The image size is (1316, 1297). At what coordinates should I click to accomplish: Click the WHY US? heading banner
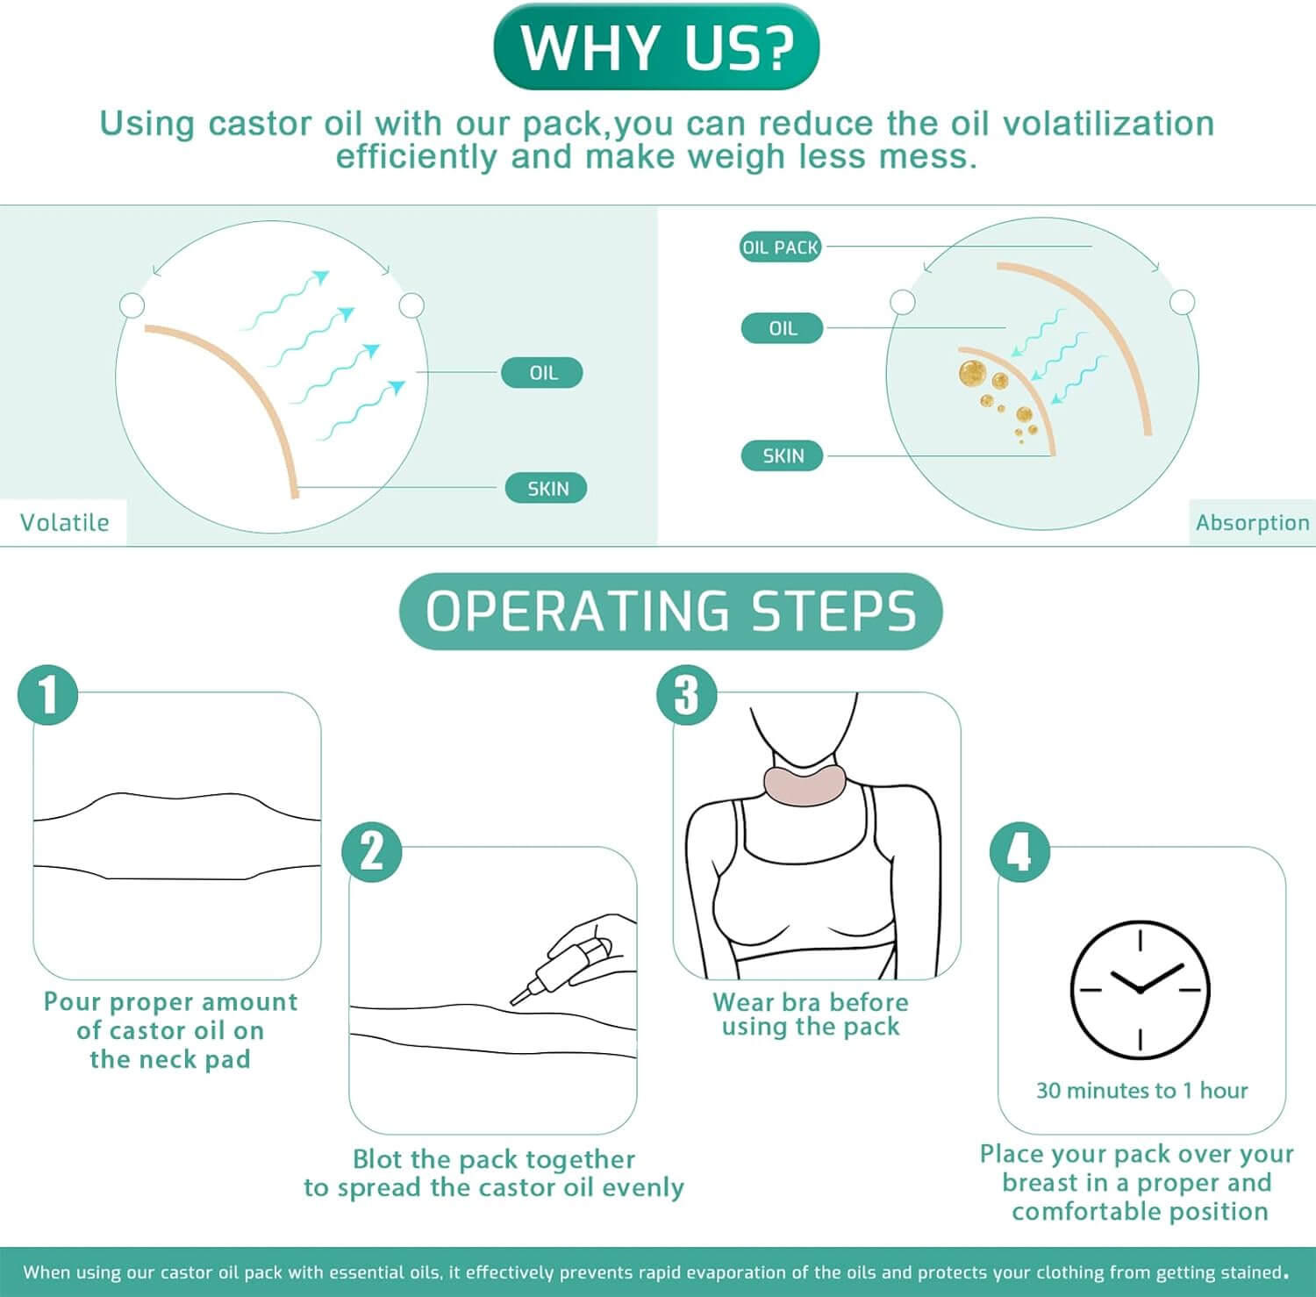click(x=656, y=47)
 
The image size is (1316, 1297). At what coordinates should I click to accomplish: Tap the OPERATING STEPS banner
click(x=670, y=611)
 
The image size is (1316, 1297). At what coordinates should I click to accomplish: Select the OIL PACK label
click(x=780, y=247)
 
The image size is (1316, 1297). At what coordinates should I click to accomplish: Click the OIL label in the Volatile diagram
click(x=542, y=373)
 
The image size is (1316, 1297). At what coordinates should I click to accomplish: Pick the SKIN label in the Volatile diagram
click(x=547, y=489)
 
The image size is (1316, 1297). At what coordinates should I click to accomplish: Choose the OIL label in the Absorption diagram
click(x=783, y=328)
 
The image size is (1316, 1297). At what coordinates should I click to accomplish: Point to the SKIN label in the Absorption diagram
click(x=783, y=456)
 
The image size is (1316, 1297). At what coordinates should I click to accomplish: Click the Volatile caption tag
click(x=64, y=523)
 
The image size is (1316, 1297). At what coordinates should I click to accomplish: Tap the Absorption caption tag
click(x=1251, y=523)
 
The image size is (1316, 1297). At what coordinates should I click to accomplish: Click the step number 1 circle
click(x=48, y=694)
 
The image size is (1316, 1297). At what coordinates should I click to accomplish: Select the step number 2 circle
click(x=372, y=851)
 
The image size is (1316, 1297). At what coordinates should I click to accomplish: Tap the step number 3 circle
click(x=687, y=695)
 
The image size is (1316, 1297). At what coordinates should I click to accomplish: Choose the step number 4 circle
click(x=1019, y=851)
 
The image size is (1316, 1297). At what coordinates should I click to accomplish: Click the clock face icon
click(x=1140, y=989)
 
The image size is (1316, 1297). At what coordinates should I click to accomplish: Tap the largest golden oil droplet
click(x=972, y=373)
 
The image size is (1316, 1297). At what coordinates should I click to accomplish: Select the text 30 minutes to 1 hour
click(x=1141, y=1091)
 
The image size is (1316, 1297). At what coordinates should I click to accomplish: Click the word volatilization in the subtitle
click(x=1108, y=124)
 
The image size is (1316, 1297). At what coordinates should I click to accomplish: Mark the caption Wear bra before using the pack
click(x=810, y=1014)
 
